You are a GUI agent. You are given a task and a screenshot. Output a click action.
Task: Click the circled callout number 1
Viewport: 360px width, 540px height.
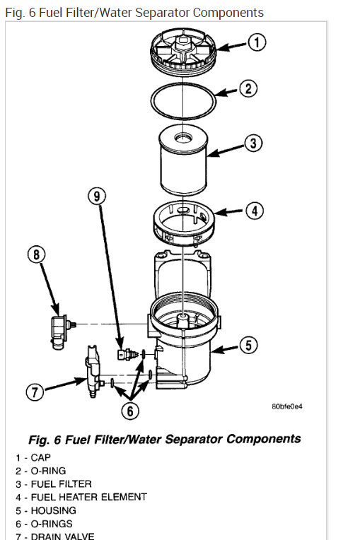coord(257,42)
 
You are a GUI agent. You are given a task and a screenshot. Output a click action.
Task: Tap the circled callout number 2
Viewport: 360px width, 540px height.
coord(248,88)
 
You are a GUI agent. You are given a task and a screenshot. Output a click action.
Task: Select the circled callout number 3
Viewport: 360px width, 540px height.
coord(253,143)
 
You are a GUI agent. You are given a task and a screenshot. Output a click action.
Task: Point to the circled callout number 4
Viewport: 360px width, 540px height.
coord(255,211)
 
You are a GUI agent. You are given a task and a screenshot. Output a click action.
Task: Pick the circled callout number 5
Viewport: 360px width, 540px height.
coord(248,345)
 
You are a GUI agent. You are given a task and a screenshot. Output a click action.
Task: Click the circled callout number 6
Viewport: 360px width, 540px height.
coord(130,411)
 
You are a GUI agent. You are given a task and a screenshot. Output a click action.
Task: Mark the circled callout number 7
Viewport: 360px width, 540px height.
coord(35,392)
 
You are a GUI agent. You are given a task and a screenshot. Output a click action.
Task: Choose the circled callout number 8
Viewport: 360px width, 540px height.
coord(36,254)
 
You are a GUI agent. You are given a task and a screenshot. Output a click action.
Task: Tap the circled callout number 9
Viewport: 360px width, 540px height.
coord(97,196)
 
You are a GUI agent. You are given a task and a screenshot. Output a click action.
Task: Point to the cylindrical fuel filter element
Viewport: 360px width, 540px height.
coord(183,160)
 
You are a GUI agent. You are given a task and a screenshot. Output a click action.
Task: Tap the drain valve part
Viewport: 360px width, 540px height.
coord(93,372)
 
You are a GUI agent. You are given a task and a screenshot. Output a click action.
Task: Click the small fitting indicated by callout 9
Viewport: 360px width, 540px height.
coord(127,354)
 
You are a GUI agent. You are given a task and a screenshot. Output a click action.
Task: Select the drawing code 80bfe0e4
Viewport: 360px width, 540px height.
coord(287,406)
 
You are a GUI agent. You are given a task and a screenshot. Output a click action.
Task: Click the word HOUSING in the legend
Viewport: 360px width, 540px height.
coord(53,510)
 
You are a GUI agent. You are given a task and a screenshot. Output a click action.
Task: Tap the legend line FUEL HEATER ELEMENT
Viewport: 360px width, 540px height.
coord(81,497)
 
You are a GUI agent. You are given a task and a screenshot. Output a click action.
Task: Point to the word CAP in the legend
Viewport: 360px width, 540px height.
coord(40,457)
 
